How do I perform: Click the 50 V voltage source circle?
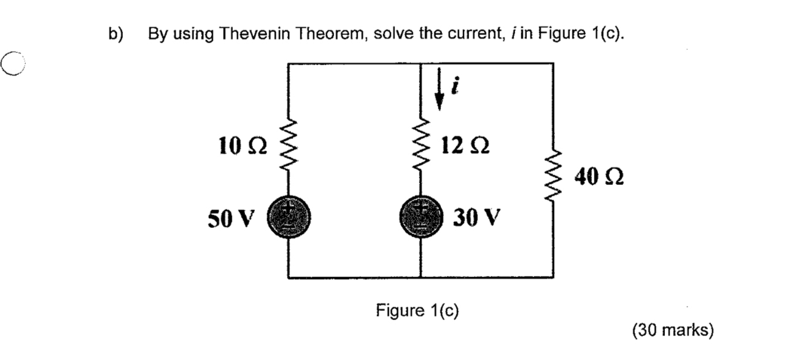pyautogui.click(x=289, y=218)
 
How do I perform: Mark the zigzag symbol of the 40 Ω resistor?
pyautogui.click(x=553, y=178)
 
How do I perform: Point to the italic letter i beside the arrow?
pyautogui.click(x=454, y=88)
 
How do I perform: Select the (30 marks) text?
pyautogui.click(x=673, y=331)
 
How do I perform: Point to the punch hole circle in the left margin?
pyautogui.click(x=12, y=63)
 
